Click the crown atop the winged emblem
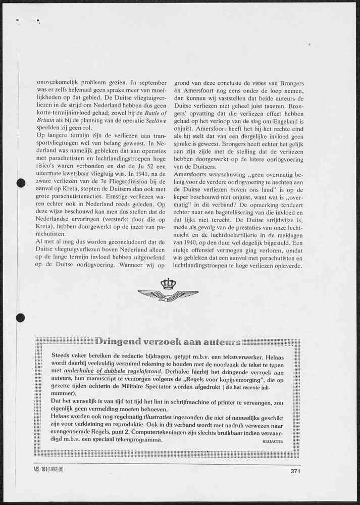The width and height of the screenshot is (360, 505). click(168, 284)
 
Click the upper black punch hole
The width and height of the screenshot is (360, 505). click(21, 183)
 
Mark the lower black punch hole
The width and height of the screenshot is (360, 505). click(21, 318)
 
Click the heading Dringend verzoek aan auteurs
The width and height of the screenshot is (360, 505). click(167, 341)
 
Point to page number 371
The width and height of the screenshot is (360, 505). click(296, 472)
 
